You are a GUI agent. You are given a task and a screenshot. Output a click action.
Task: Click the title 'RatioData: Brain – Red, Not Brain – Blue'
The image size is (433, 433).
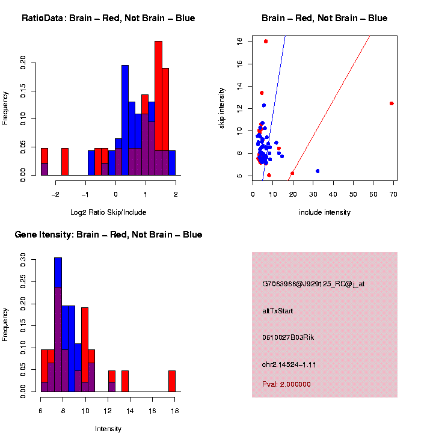pos(108,18)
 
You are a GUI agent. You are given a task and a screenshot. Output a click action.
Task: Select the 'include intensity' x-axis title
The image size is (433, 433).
pos(325,212)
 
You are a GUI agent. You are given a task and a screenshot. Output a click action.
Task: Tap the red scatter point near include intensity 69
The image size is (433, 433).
pos(392,103)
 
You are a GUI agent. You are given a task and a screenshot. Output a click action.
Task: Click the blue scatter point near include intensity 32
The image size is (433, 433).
pos(318,171)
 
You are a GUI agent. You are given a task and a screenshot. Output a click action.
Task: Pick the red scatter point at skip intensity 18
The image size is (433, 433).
pos(266,41)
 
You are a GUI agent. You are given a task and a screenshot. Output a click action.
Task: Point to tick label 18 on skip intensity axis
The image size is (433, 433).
pos(239,41)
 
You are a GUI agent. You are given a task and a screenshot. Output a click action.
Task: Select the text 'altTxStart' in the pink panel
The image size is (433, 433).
pos(277,311)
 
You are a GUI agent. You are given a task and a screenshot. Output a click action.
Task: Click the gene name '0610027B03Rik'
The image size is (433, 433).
pos(288,337)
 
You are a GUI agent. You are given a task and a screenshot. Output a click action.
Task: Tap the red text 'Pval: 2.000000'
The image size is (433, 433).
pos(286,384)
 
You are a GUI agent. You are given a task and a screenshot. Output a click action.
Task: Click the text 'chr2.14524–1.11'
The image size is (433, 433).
pos(290,364)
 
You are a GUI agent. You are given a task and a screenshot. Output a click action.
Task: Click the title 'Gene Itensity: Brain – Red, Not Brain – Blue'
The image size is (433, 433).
pos(108,235)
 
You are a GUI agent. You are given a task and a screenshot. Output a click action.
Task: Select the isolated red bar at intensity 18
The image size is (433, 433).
pos(172,381)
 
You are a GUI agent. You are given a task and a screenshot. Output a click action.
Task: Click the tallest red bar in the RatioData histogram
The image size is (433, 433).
pos(159,108)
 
